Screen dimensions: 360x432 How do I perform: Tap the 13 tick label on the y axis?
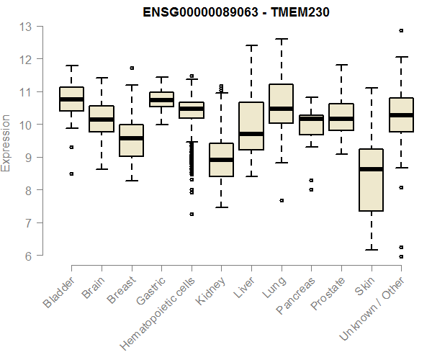click(x=26, y=27)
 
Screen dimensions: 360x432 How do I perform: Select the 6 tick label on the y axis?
click(x=29, y=256)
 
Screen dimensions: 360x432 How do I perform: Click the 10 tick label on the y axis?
click(x=26, y=125)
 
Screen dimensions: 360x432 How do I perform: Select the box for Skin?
click(x=371, y=180)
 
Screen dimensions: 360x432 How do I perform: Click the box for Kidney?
click(x=221, y=160)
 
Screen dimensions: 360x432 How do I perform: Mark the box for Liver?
click(x=251, y=126)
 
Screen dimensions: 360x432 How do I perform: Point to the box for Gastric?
click(x=161, y=99)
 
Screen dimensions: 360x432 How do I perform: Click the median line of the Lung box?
click(x=281, y=109)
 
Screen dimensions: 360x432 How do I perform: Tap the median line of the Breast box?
click(x=131, y=138)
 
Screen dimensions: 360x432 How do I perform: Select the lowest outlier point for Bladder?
click(x=71, y=174)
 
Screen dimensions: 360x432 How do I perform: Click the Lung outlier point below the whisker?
click(x=281, y=200)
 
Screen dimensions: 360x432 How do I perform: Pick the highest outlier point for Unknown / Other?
click(x=401, y=30)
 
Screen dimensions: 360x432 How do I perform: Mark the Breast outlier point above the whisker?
click(x=131, y=68)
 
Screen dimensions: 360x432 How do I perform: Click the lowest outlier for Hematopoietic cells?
click(x=192, y=214)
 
